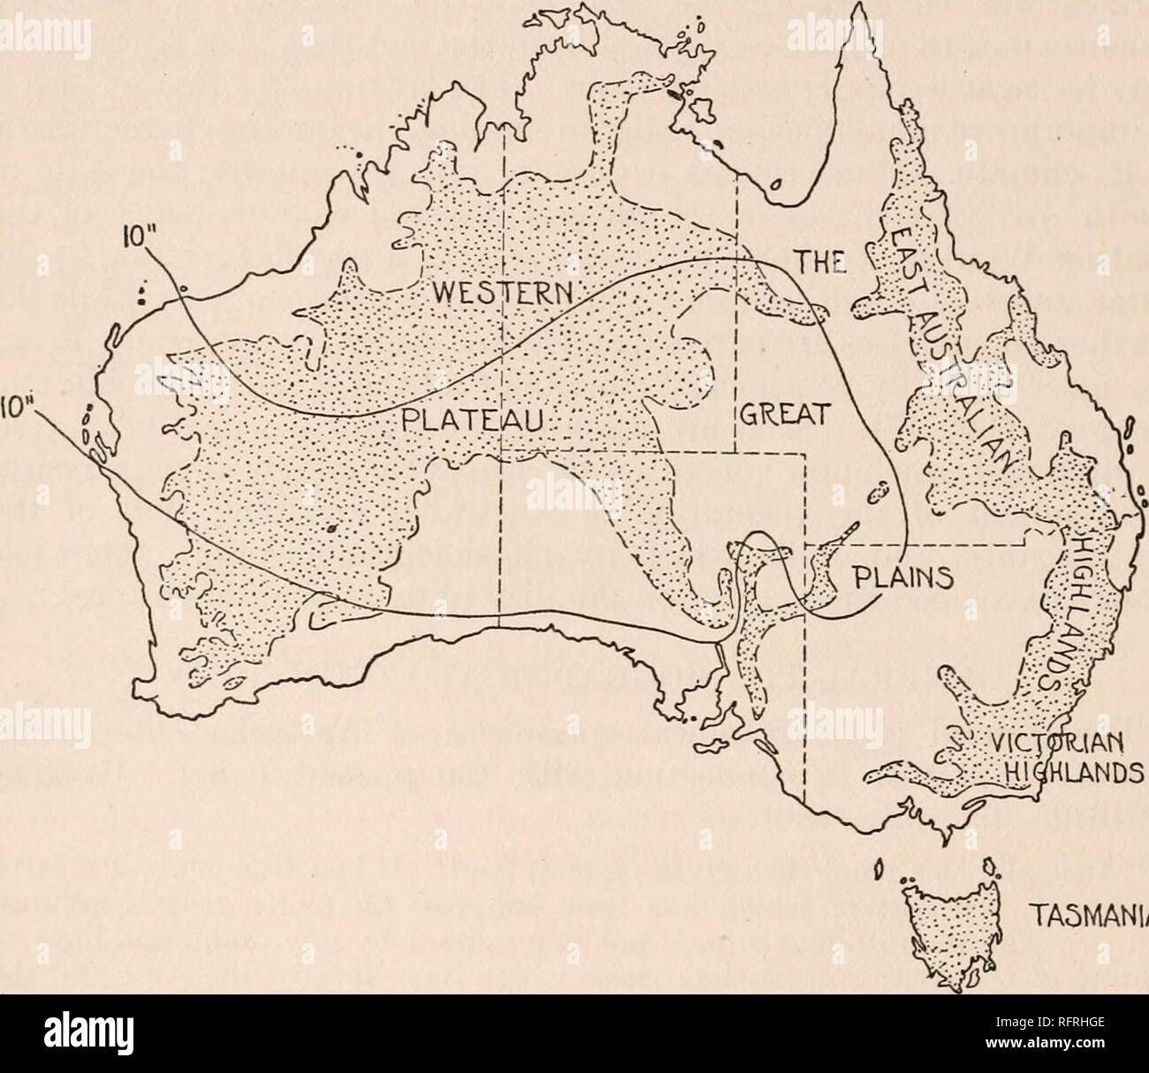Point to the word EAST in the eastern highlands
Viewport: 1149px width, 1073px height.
pyautogui.click(x=902, y=248)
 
